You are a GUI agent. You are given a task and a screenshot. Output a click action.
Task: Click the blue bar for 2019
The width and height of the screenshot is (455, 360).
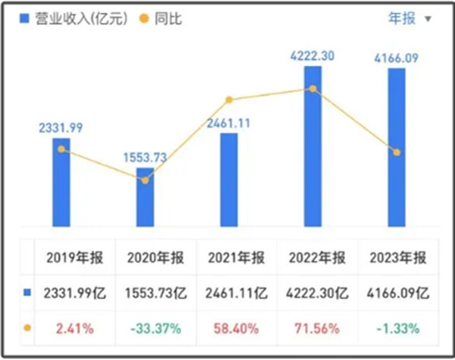(61, 182)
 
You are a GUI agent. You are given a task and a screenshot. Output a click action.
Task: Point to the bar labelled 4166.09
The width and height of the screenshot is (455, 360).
(396, 147)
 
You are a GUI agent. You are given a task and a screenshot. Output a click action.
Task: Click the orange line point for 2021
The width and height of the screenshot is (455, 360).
(229, 100)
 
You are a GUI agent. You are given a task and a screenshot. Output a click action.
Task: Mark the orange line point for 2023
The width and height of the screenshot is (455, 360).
(396, 152)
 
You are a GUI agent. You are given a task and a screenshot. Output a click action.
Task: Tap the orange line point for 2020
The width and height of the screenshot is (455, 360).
(145, 180)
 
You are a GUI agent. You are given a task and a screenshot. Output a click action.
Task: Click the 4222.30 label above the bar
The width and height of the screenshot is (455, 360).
(312, 55)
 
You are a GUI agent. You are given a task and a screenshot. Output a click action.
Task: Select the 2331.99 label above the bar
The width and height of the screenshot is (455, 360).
(61, 127)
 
